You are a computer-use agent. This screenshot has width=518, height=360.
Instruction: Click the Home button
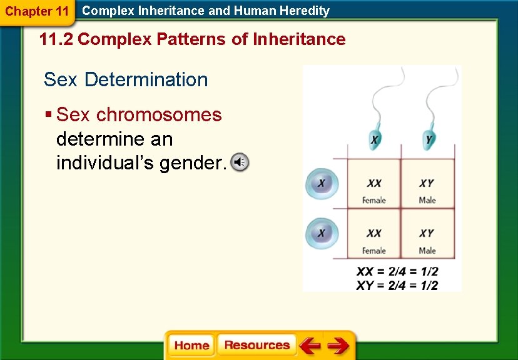coord(191,346)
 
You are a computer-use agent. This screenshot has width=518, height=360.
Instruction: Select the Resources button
coord(256,345)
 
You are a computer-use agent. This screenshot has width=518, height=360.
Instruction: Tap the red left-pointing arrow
coord(310,346)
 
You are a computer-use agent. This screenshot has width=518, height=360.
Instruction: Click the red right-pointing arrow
coord(338,346)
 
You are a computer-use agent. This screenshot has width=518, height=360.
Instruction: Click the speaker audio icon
coord(240,162)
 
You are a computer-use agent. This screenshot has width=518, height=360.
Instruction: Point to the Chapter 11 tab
coord(37,11)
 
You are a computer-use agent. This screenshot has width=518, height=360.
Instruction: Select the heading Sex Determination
coord(126,80)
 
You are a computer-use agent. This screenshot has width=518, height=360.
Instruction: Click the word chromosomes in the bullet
coord(159,115)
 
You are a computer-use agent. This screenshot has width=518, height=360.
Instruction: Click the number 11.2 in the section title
coord(56,39)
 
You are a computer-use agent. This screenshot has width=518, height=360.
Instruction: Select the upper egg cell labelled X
coord(322,184)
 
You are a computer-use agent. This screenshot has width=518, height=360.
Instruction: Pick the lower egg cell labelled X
coord(322,233)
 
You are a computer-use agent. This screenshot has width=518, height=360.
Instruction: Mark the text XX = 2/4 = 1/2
coord(397,272)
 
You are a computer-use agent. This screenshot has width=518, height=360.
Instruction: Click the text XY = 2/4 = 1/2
coord(397,285)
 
